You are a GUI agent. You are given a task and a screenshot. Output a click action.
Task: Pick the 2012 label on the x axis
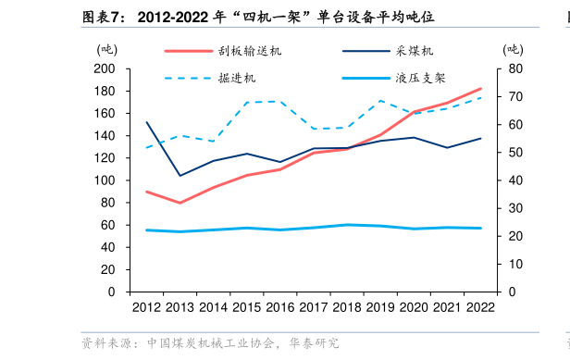[146, 307]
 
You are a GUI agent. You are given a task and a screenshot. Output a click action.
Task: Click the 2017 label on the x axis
[313, 307]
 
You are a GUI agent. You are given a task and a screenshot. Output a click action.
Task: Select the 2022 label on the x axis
[479, 307]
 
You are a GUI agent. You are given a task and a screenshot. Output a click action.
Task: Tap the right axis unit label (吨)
[513, 49]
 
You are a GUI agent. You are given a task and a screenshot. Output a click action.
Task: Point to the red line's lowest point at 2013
[180, 203]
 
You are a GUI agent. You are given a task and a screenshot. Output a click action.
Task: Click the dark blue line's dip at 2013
[180, 176]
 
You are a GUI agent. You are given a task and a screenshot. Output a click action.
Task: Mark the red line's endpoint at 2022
[480, 89]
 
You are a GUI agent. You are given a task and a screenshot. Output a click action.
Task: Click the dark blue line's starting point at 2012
[147, 122]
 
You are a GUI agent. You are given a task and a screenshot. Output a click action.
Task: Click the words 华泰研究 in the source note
[316, 343]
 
